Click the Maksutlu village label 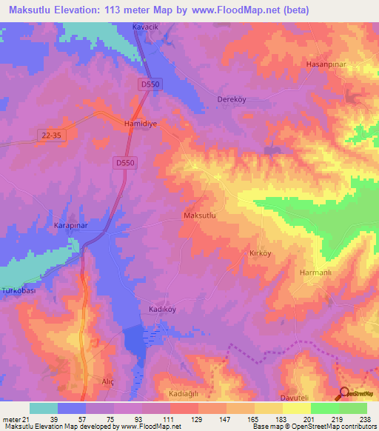point(199,215)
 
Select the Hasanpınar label point(326,64)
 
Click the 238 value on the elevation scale point(363,419)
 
